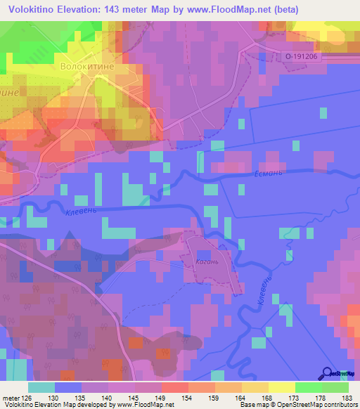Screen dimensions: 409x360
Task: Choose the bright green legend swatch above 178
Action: click(309, 387)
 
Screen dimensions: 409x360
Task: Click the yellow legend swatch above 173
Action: click(282, 387)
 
